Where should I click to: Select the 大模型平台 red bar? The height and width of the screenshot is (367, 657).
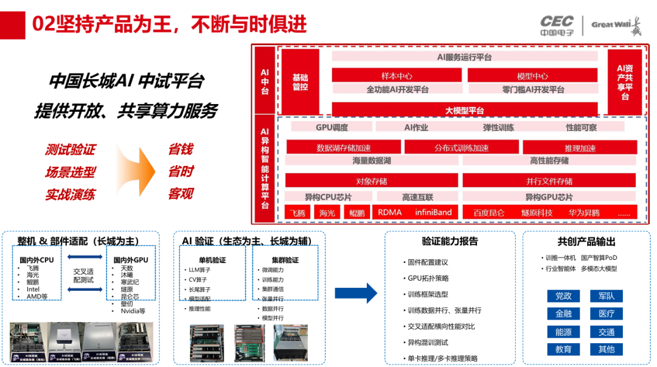[x=464, y=110]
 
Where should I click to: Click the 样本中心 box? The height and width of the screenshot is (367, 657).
[x=396, y=76]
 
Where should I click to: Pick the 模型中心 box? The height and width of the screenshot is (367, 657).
[x=532, y=76]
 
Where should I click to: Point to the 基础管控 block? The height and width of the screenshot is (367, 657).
[x=300, y=82]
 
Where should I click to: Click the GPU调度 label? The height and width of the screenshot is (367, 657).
[x=332, y=127]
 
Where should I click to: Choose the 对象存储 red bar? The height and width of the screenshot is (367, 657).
[x=371, y=181]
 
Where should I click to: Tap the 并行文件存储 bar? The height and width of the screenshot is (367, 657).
[x=549, y=181]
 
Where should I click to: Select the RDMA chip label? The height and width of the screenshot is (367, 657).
[x=389, y=212]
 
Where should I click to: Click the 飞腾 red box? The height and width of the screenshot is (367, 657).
[x=297, y=213]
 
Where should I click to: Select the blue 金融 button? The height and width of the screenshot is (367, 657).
[x=563, y=314]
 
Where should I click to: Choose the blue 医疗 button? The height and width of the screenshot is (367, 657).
[x=606, y=314]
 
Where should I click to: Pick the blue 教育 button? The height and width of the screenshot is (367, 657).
[x=563, y=349]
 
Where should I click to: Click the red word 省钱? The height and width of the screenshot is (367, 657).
[x=181, y=150]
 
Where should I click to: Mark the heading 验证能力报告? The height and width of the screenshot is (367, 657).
[x=450, y=242]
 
